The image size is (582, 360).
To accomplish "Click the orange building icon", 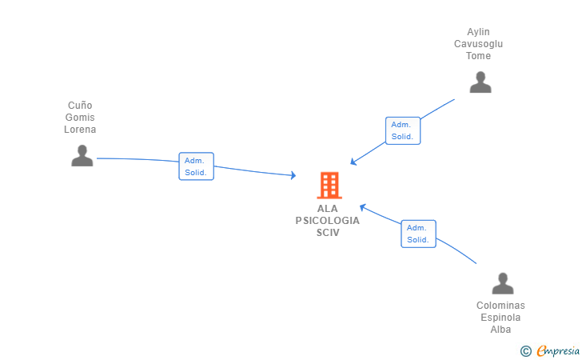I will (329, 186).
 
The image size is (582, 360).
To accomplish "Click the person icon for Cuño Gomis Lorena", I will (82, 155).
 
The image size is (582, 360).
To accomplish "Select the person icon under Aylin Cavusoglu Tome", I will (480, 82).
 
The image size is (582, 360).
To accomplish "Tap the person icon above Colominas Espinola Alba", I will (502, 283).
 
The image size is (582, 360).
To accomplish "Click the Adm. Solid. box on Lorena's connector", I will (196, 166).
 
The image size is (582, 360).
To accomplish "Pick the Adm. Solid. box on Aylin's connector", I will (402, 130).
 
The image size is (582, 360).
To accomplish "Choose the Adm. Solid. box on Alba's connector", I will (418, 234).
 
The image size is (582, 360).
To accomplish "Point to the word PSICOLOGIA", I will (328, 221).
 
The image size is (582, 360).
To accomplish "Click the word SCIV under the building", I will (328, 232).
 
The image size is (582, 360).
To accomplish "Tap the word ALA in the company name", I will (328, 209).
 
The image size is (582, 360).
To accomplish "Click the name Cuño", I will (80, 106).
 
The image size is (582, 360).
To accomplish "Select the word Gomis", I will (80, 118).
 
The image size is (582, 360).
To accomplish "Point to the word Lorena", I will (80, 130).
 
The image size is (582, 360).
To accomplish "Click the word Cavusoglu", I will (479, 44).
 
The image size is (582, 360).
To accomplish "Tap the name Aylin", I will (479, 32).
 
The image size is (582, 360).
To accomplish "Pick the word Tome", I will (479, 56).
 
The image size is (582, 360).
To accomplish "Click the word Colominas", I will (500, 306).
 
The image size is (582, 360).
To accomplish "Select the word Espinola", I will (500, 318).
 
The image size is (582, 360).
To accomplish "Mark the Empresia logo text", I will (558, 350).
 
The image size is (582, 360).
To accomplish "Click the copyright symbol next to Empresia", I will (526, 350).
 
